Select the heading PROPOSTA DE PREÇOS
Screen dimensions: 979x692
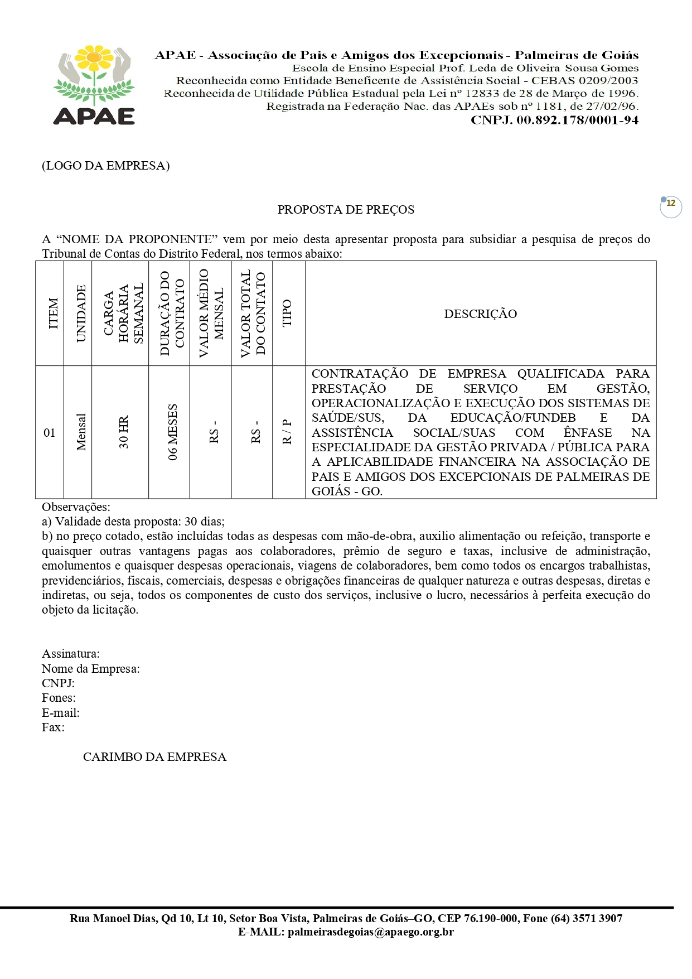346,210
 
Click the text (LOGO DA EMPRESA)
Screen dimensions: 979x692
105,166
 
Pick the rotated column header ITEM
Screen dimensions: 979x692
54,314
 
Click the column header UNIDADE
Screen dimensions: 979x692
81,314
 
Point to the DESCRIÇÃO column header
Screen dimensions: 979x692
480,314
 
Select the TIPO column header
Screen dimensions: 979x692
287,314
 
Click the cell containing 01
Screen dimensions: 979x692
50,433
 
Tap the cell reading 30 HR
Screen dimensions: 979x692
123,432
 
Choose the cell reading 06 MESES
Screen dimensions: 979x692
173,432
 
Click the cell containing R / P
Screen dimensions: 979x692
287,432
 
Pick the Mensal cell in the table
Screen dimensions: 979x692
81,432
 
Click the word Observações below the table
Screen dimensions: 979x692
76,507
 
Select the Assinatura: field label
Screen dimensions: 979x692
71,654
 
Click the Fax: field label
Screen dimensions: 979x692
53,727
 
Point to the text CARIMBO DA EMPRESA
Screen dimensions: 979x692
154,757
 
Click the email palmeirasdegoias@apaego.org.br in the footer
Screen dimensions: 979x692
370,932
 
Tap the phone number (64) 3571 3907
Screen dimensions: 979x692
587,918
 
